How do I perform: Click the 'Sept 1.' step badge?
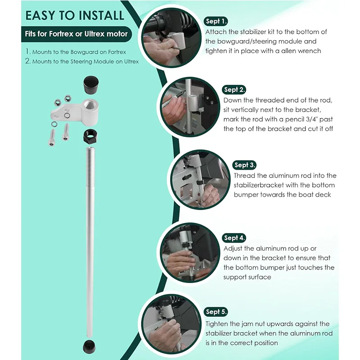[216, 21]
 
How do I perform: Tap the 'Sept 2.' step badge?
[234, 90]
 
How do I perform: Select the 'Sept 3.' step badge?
[244, 165]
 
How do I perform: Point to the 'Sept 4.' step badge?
[234, 238]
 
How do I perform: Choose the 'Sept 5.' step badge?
[216, 311]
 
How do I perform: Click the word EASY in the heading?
[40, 16]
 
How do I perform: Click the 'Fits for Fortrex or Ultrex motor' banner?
[76, 34]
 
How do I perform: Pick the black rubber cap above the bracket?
[91, 85]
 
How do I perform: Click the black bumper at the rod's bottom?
[89, 346]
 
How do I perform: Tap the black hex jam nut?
[90, 137]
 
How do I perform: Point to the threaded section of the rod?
[90, 167]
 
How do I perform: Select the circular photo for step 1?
[171, 37]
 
